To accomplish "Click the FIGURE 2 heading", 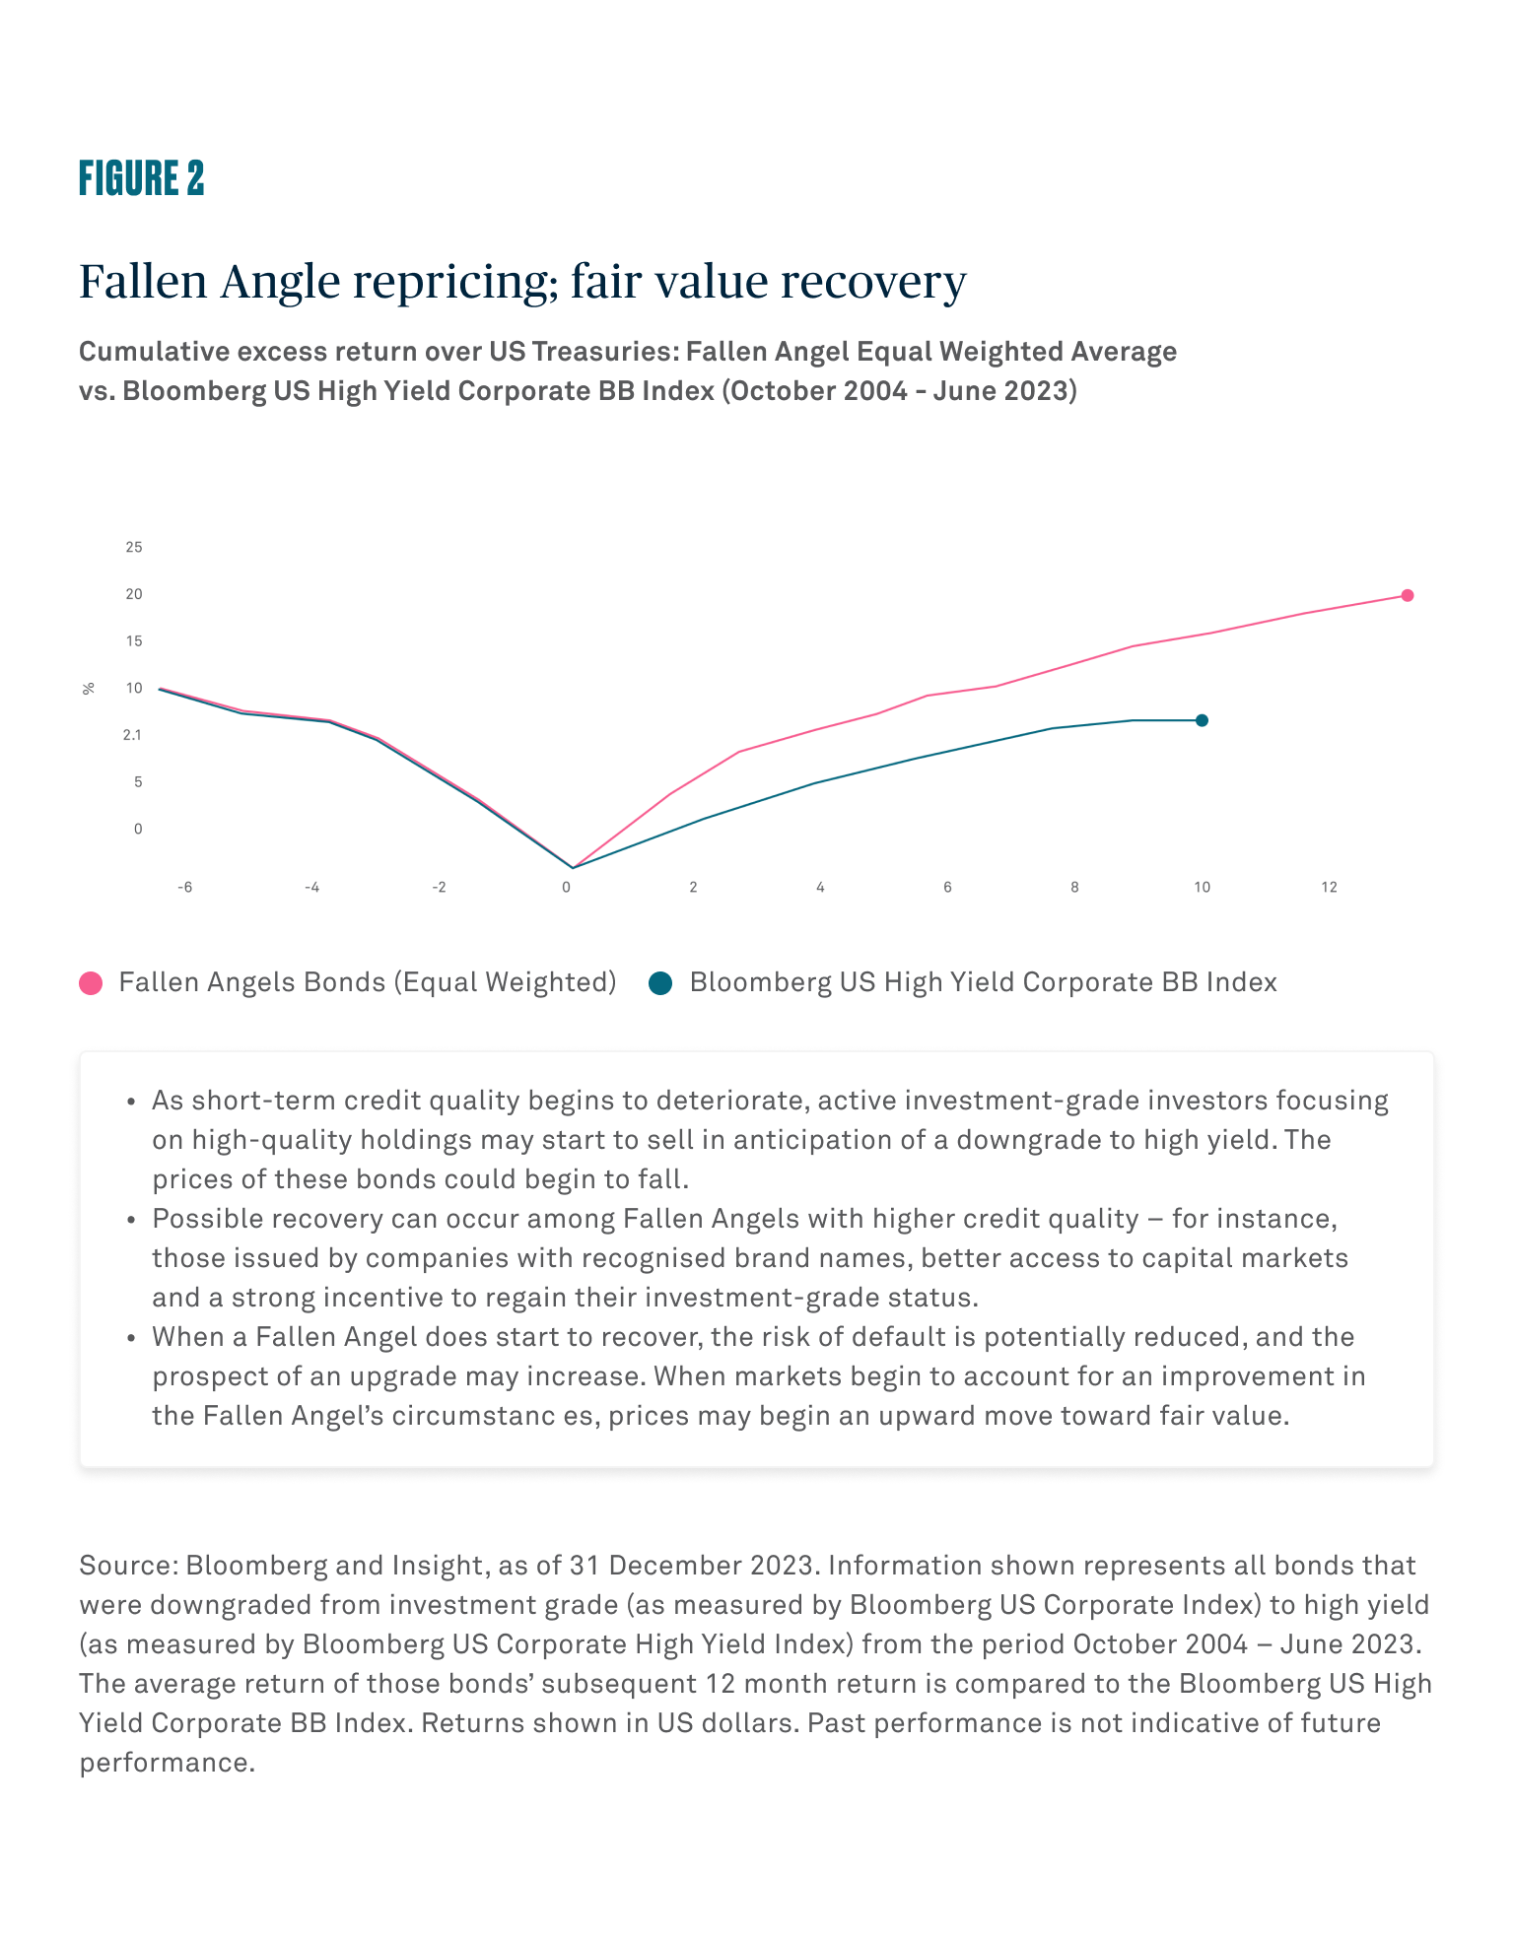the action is [x=142, y=178].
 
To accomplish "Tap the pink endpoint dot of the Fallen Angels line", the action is [x=1408, y=595].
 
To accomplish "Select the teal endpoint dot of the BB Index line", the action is [x=1202, y=720].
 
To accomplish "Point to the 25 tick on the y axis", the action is [x=134, y=547].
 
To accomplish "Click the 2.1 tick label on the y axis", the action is [x=133, y=735].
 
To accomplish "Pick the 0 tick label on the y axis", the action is [x=138, y=829].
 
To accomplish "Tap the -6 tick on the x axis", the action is [x=184, y=888].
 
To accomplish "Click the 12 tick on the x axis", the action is [x=1330, y=888].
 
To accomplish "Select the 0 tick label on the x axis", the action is [x=566, y=888].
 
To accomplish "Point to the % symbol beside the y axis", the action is [x=89, y=689].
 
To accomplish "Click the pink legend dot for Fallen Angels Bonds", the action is [x=91, y=983].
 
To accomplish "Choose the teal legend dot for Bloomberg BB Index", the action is [x=660, y=983].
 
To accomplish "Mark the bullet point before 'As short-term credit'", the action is [x=131, y=1102].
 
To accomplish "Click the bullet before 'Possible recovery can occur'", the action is [x=131, y=1220].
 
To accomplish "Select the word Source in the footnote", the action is [x=124, y=1566].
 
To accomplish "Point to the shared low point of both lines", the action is [x=572, y=868].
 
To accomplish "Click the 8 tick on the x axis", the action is [x=1074, y=888].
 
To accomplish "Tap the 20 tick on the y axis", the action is [x=134, y=594].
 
